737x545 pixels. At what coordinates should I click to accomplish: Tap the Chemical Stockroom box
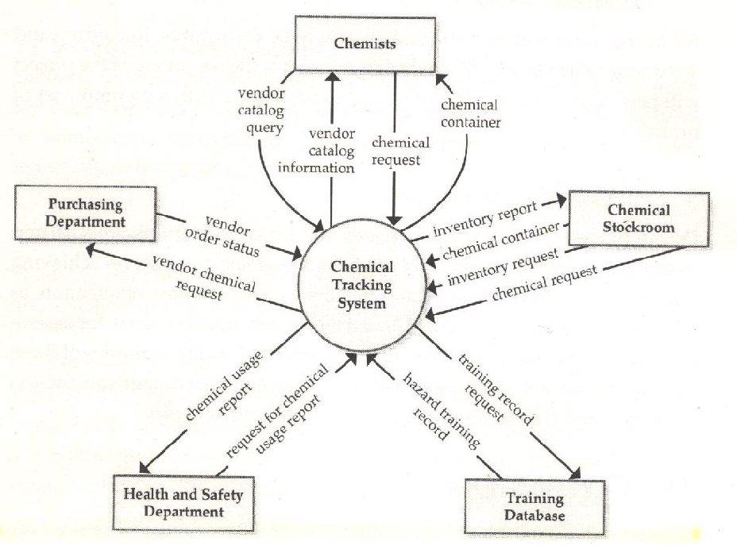638,218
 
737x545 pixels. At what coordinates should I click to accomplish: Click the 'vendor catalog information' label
331,151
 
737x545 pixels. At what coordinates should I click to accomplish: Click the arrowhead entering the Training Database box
578,473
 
